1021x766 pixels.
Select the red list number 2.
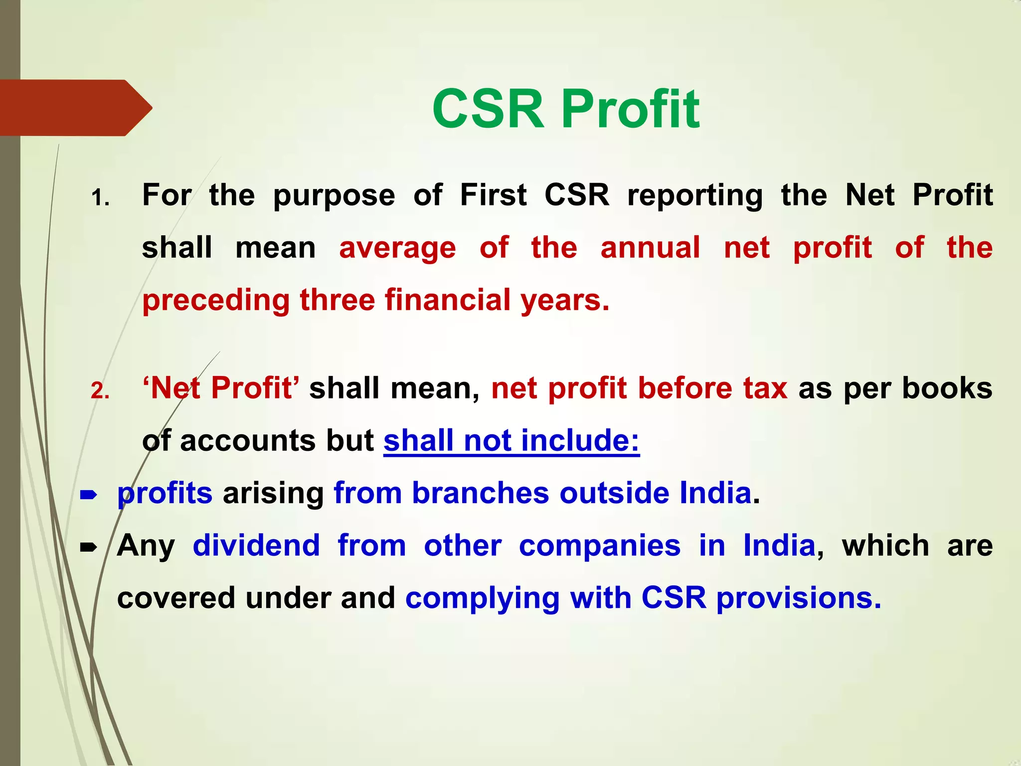pyautogui.click(x=100, y=390)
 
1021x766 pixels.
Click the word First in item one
pyautogui.click(x=493, y=194)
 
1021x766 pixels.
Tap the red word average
pyautogui.click(x=397, y=248)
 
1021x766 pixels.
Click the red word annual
pyautogui.click(x=650, y=247)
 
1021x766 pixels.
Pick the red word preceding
pyautogui.click(x=216, y=301)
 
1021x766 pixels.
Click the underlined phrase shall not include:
pyautogui.click(x=511, y=441)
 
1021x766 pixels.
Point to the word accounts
pyautogui.click(x=248, y=441)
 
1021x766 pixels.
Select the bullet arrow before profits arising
pyautogui.click(x=88, y=495)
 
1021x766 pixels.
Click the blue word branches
pyautogui.click(x=481, y=493)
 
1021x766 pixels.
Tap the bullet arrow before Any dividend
pyautogui.click(x=88, y=548)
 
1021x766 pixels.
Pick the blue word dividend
pyautogui.click(x=256, y=545)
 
